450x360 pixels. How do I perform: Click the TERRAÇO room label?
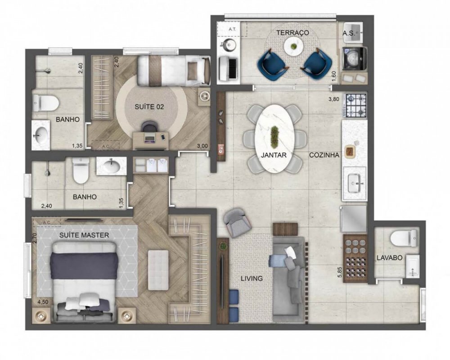292,33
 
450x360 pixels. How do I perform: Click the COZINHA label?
324,155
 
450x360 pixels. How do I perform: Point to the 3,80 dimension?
333,99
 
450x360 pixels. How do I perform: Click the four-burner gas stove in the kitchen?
355,105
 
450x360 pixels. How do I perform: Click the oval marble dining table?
274,138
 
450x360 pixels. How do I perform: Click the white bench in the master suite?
158,270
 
